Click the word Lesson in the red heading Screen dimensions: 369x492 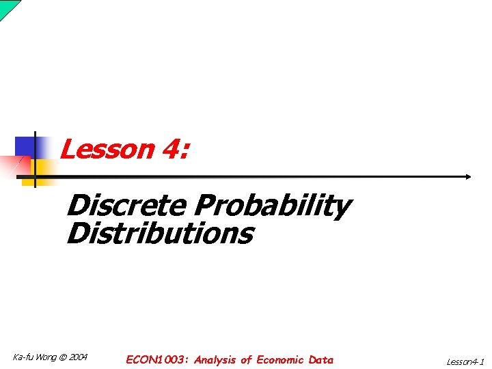107,148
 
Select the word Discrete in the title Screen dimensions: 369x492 126,204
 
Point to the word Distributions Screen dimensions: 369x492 160,233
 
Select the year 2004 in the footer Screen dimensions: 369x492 79,357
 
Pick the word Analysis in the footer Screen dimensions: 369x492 215,359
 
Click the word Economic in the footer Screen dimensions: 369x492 281,359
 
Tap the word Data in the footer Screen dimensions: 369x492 321,359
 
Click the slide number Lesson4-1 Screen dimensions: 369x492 465,361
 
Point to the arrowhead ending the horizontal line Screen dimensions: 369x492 468,176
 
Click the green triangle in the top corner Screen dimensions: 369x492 6,5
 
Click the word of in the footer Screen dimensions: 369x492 246,359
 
